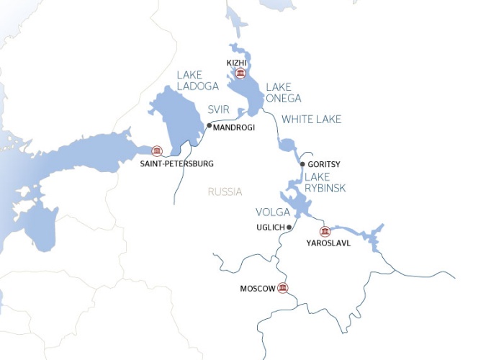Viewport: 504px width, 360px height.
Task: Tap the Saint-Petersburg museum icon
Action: [157, 150]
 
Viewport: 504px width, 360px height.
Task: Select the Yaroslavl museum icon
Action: [325, 231]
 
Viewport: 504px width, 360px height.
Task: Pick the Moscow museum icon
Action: [283, 289]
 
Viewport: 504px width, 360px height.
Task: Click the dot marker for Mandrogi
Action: [210, 126]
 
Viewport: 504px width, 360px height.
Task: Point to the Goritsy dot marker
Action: [302, 164]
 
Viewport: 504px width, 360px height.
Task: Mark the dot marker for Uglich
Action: [289, 228]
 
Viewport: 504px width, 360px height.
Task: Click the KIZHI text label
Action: [237, 62]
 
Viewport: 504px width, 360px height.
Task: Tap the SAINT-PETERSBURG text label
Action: [178, 164]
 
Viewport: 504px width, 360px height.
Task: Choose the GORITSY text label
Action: [324, 165]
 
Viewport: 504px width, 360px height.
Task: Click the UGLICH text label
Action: [270, 228]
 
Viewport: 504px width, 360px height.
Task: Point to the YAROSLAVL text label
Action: [328, 243]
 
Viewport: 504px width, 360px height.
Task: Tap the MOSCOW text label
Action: [258, 289]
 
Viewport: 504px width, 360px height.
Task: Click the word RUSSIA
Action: [224, 192]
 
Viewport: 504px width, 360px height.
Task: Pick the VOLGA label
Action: [273, 212]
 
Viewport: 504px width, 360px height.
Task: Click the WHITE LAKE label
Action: [311, 119]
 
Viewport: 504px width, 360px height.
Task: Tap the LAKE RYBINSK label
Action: [326, 182]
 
